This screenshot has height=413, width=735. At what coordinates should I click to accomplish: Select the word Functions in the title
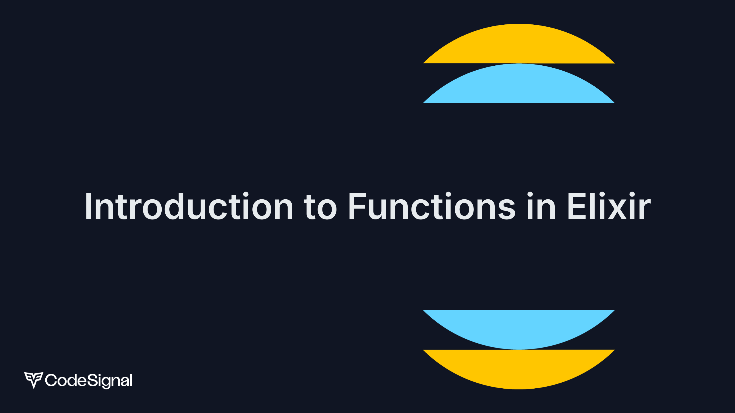pyautogui.click(x=432, y=206)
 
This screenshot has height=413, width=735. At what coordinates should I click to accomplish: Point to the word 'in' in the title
pyautogui.click(x=541, y=206)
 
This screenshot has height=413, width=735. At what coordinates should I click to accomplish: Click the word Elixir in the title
pyautogui.click(x=609, y=206)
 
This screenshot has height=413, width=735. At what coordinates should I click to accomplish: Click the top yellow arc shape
pyautogui.click(x=519, y=44)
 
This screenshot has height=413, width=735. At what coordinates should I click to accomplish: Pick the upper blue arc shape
pyautogui.click(x=519, y=83)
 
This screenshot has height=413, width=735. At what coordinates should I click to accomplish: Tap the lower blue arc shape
pyautogui.click(x=519, y=330)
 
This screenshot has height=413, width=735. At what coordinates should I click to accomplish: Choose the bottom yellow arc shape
pyautogui.click(x=519, y=369)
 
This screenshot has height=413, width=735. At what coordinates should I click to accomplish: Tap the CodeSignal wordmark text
pyautogui.click(x=89, y=381)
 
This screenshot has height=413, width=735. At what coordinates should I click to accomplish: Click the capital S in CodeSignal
pyautogui.click(x=92, y=380)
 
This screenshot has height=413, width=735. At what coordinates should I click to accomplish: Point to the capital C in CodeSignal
pyautogui.click(x=51, y=380)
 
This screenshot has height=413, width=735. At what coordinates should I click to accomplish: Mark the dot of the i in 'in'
pyautogui.click(x=530, y=195)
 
